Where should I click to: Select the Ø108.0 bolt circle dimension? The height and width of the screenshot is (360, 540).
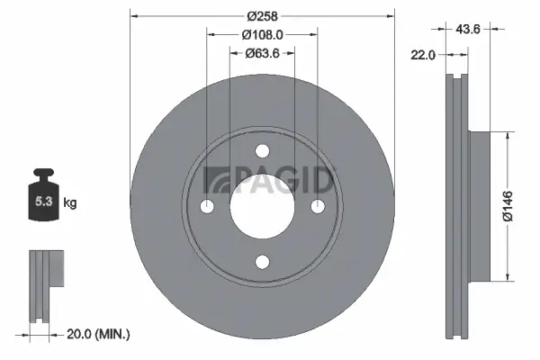(262, 34)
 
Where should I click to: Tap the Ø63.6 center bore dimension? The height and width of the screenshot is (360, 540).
(262, 53)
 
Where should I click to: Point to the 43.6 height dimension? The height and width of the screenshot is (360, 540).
(468, 29)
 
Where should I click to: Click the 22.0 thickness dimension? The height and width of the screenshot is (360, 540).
(423, 55)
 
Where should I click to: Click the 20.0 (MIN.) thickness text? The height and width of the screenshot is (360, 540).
(99, 334)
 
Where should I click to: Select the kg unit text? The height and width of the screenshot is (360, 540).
(69, 203)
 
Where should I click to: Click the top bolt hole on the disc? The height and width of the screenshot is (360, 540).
(262, 150)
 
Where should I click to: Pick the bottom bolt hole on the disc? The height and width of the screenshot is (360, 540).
(262, 261)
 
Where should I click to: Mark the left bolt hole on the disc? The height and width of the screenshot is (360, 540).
(207, 206)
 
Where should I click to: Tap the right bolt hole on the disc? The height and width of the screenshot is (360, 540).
(317, 206)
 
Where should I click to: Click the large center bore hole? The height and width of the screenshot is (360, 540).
(262, 206)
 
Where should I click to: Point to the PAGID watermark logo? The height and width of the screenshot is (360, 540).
(269, 181)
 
